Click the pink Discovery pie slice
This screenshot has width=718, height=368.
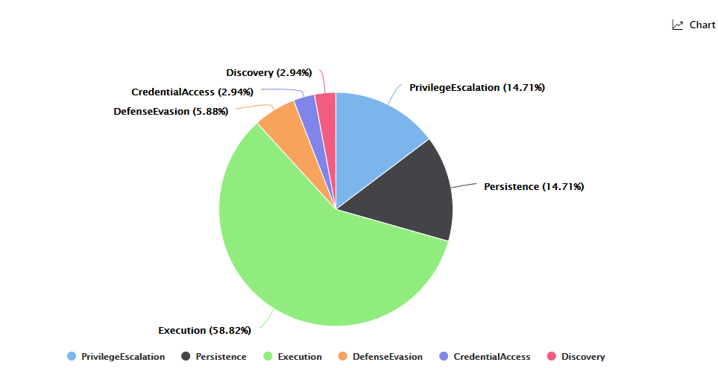pos(327,108)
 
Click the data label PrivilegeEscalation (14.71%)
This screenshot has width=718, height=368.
pos(476,88)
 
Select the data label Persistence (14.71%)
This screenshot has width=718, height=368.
pos(534,186)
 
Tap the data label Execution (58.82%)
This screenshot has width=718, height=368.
pos(204,330)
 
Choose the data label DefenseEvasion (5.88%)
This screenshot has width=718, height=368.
pos(171,112)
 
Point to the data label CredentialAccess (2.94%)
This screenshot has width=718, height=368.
pos(192,92)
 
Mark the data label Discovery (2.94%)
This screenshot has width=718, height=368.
pos(268,73)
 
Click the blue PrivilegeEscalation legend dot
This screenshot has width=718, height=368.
pos(72,357)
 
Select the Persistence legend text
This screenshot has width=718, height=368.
pos(221,357)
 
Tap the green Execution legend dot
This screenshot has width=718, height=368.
pos(268,357)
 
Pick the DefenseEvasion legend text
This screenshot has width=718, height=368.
pos(387,357)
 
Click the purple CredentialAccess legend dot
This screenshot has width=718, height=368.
pos(444,357)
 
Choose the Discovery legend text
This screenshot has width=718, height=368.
pos(583,357)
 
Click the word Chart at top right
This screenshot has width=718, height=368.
pos(702,25)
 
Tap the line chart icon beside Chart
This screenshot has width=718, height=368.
pos(678,25)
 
